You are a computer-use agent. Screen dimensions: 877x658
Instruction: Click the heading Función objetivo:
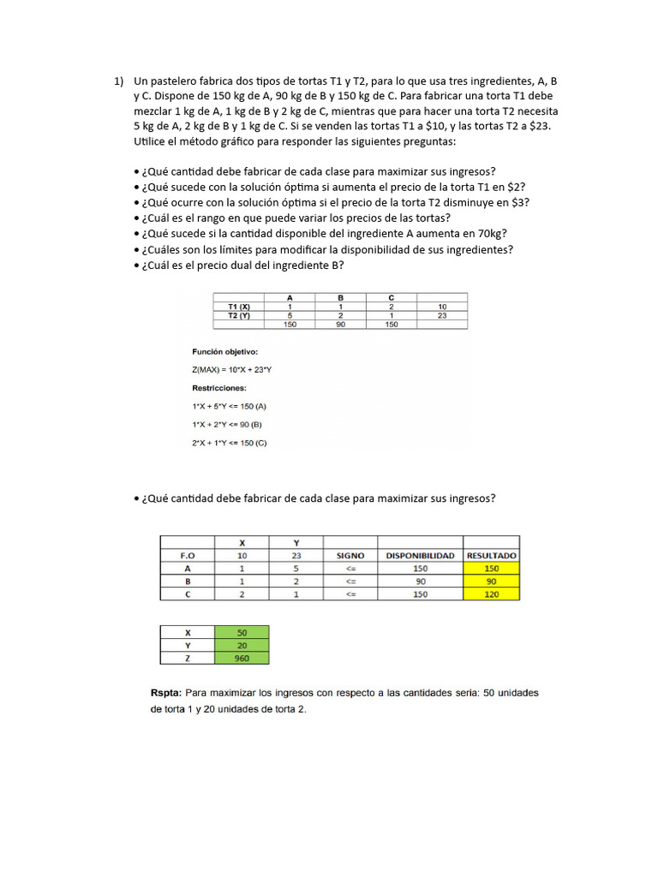(x=224, y=351)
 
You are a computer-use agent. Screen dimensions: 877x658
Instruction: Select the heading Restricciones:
(x=219, y=387)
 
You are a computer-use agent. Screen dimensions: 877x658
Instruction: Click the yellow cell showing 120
(x=492, y=594)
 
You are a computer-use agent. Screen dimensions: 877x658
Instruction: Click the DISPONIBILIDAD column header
(x=420, y=555)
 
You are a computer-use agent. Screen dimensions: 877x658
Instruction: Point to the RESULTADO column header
(x=492, y=555)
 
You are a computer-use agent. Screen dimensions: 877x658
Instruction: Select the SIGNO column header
(x=350, y=555)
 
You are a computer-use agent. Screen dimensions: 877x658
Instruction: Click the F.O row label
(x=187, y=555)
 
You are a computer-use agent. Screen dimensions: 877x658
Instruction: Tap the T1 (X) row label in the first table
(x=239, y=306)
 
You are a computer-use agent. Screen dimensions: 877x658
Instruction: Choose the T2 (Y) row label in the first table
(x=239, y=315)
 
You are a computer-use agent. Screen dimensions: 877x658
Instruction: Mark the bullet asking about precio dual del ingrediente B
(x=244, y=265)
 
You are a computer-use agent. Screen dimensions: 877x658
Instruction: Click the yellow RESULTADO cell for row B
(x=492, y=581)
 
